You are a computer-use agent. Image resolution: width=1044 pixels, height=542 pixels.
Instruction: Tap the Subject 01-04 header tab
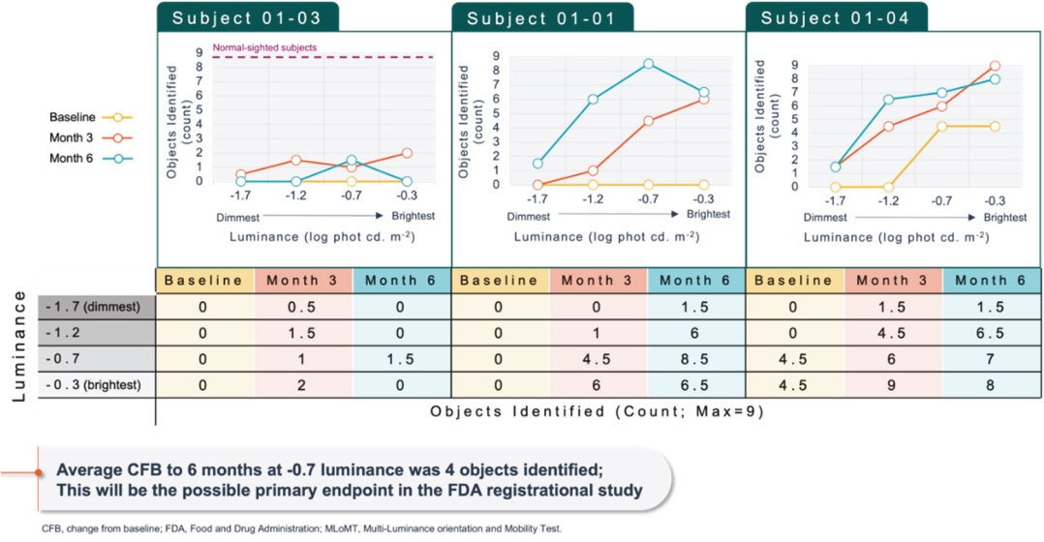tap(836, 17)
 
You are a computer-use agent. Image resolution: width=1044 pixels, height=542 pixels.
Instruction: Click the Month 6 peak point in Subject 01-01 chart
tap(648, 64)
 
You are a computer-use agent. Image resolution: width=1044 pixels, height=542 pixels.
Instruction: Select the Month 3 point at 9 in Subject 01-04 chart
tap(995, 66)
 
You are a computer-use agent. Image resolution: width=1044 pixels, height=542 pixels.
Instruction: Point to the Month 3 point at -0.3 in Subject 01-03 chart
tap(407, 153)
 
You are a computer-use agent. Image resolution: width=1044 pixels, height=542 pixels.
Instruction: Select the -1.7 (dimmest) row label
tap(97, 306)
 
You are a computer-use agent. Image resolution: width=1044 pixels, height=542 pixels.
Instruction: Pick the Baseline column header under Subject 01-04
tap(794, 280)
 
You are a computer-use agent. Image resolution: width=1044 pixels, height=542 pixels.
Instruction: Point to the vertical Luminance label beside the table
tap(17, 345)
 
